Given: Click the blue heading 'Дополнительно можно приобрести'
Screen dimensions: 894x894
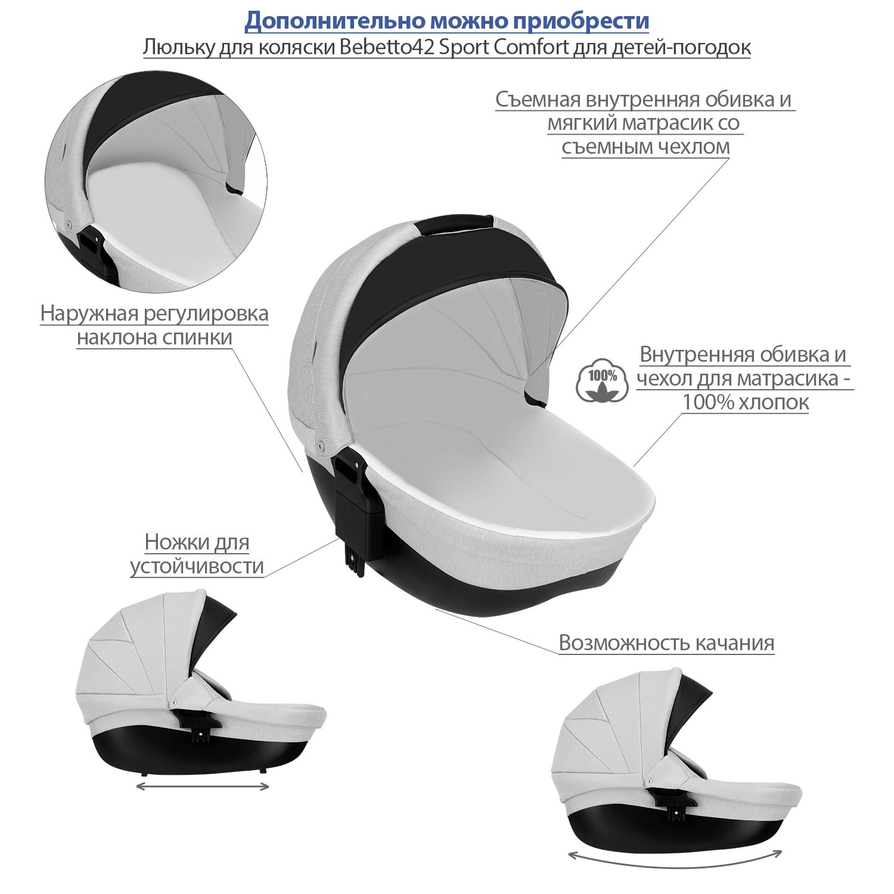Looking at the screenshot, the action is [x=447, y=21].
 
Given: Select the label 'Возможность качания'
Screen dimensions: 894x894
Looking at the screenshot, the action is [x=666, y=643].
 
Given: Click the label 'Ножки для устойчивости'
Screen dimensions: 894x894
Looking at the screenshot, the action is [x=197, y=554].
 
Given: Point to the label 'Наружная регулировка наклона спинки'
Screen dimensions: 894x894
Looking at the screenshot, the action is [x=154, y=325].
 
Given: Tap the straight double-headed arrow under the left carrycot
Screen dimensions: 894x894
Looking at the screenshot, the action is [x=203, y=787].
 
